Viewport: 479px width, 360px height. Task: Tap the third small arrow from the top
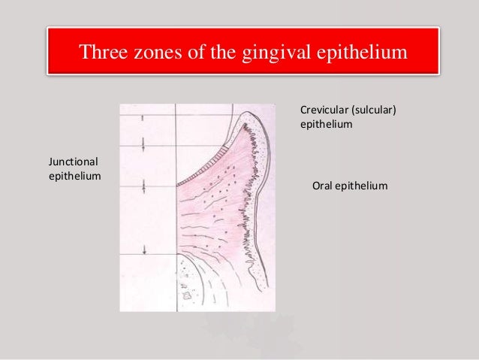pyautogui.click(x=142, y=185)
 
